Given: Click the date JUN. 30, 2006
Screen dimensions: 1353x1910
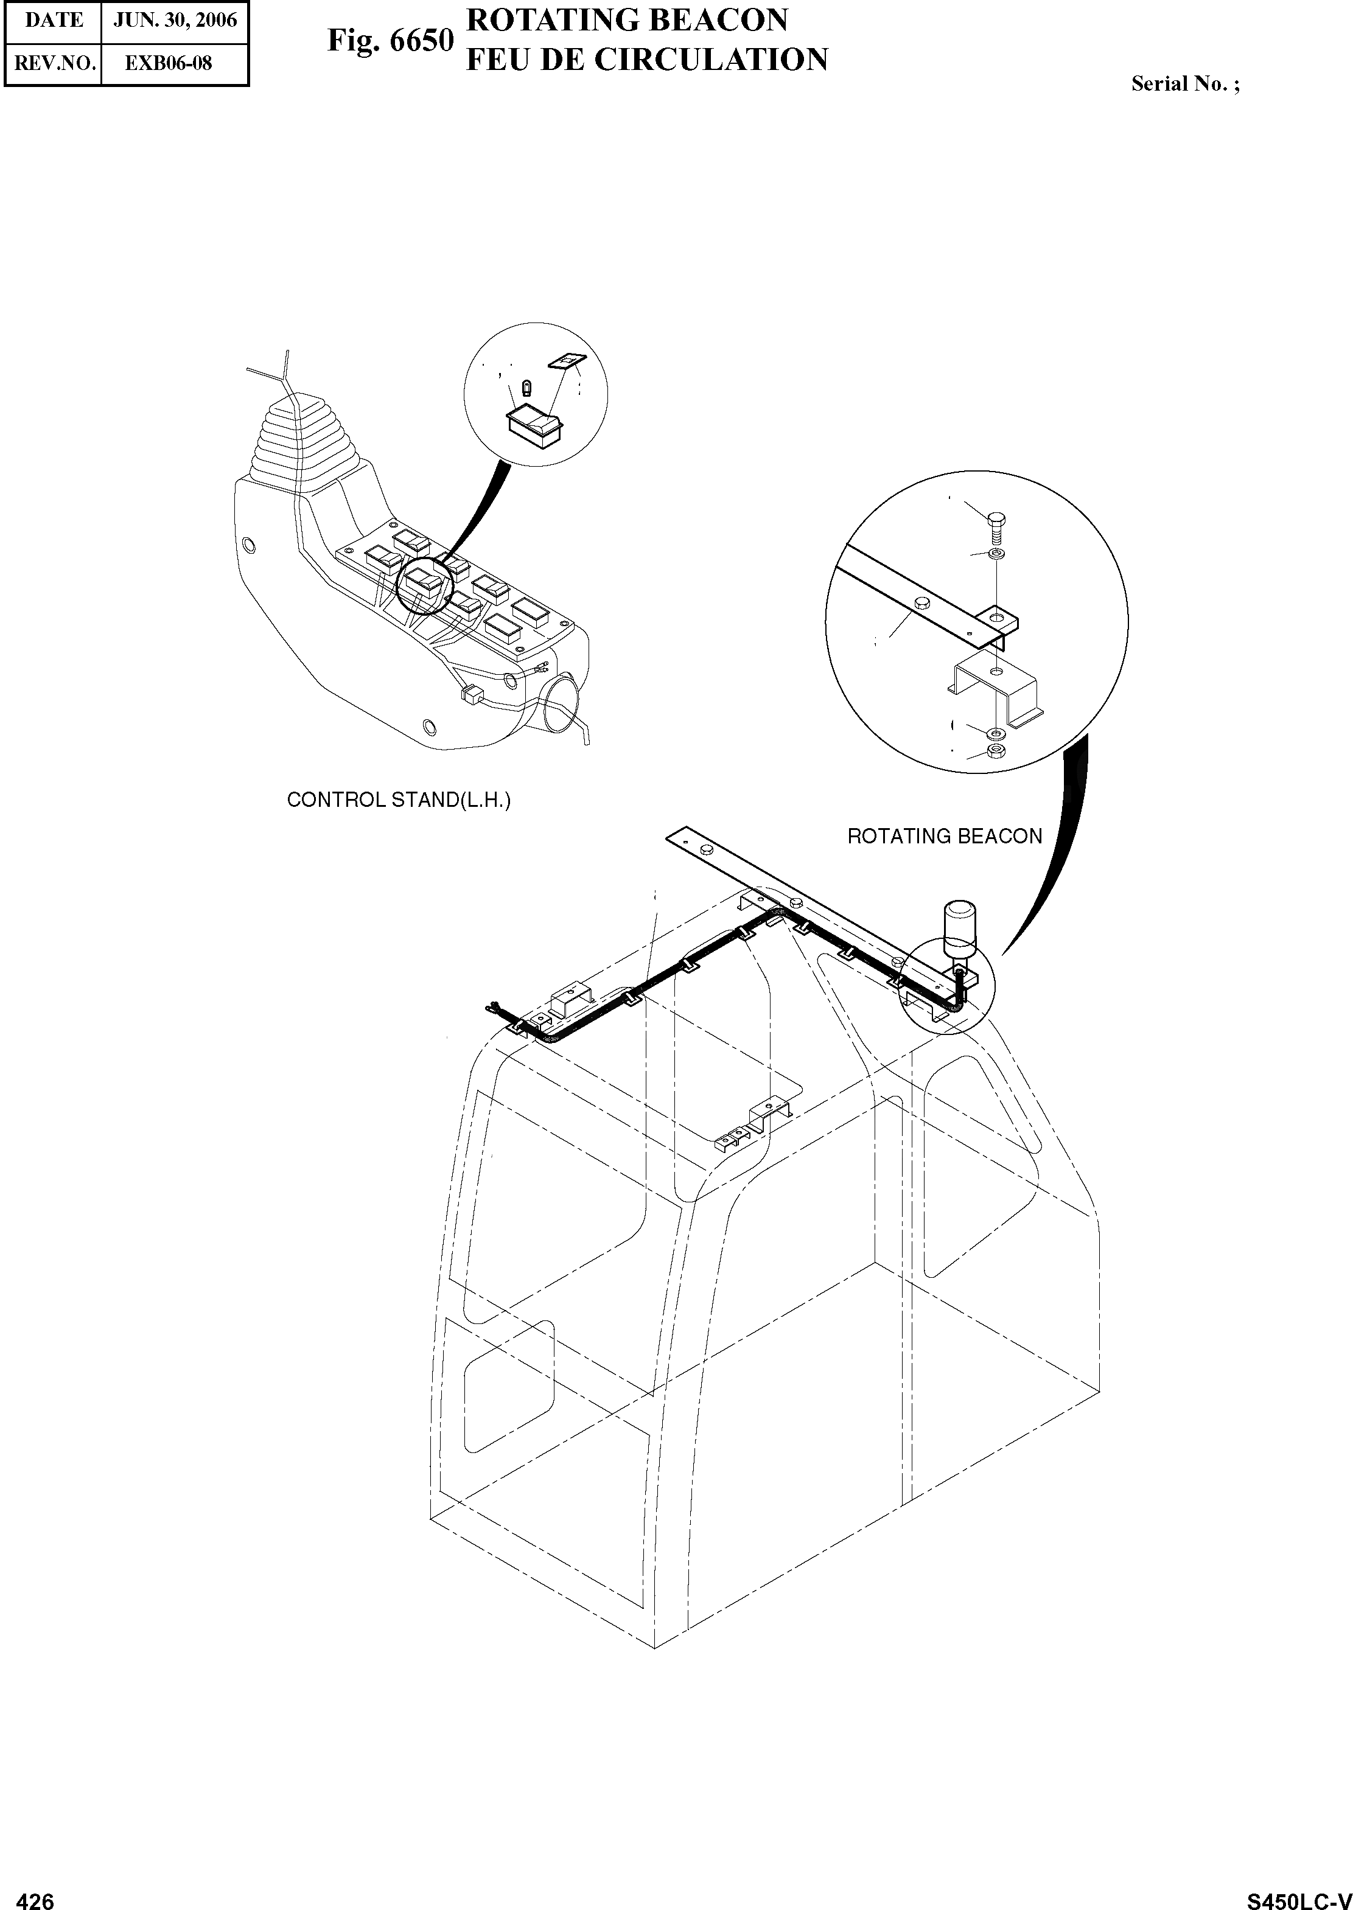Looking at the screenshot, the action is pos(175,21).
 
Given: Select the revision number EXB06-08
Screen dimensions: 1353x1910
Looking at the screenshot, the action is pos(169,63).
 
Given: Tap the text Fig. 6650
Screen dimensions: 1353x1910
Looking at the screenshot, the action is pos(390,40).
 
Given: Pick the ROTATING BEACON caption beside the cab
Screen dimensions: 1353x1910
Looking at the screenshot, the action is pos(944,836).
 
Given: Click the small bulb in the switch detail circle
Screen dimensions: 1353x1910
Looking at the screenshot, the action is pos(526,388).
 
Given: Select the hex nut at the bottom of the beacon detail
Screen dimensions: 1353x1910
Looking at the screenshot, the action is pos(994,752).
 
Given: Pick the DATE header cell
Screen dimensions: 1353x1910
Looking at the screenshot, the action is pos(54,21).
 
